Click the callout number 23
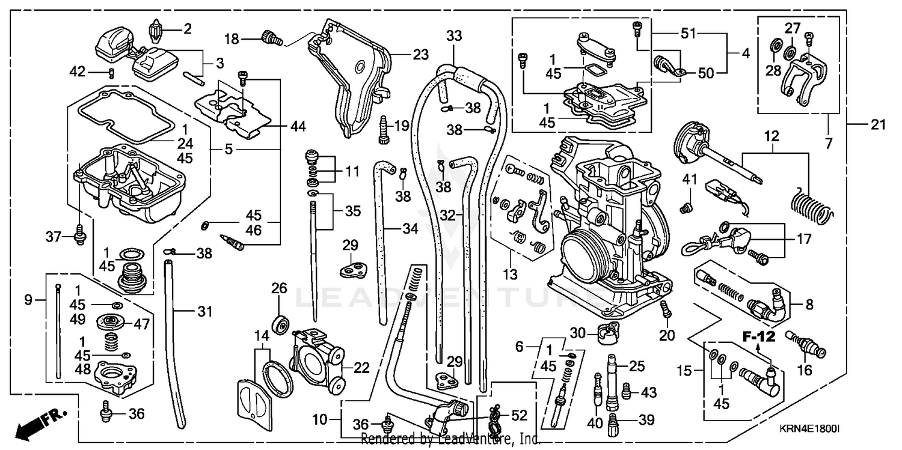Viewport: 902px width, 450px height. (x=420, y=55)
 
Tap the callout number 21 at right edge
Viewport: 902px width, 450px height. (x=878, y=125)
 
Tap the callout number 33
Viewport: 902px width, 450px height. (x=454, y=36)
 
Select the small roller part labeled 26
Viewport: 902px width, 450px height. (x=279, y=325)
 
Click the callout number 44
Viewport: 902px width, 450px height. (x=298, y=126)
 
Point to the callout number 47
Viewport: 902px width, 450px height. (x=141, y=324)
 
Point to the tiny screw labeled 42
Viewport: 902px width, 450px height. (x=111, y=73)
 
